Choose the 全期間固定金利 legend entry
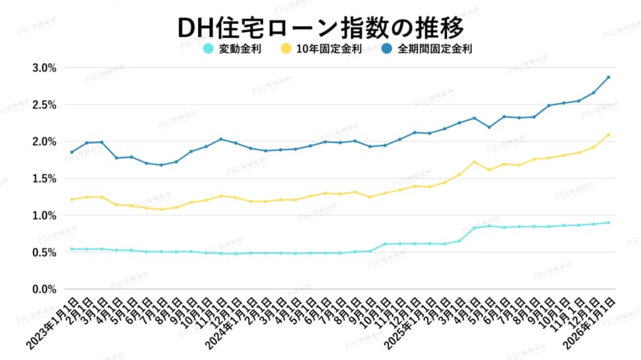coord(427,48)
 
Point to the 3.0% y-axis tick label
coord(43,67)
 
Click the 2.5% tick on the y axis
coord(43,104)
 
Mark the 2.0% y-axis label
coord(43,141)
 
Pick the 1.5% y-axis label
coord(43,178)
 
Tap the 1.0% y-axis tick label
coord(43,215)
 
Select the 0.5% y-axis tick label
coord(43,252)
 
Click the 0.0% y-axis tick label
coord(43,289)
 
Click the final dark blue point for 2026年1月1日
coord(608,77)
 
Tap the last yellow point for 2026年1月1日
coord(608,135)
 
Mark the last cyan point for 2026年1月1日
coord(608,223)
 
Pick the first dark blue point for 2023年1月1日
coord(71,152)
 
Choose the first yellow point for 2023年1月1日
coord(71,200)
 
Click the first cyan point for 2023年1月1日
coord(71,249)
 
